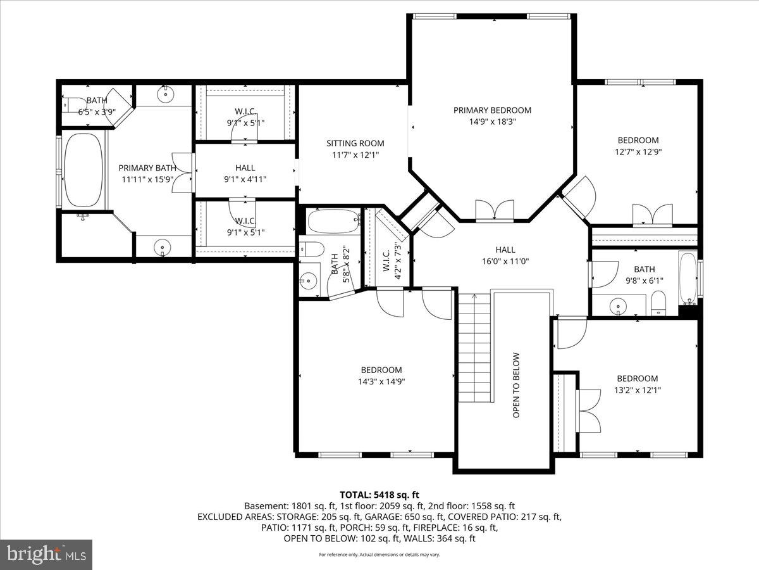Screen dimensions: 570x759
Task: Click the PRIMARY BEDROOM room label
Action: pyautogui.click(x=492, y=110)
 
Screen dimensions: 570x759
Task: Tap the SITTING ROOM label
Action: pyautogui.click(x=355, y=143)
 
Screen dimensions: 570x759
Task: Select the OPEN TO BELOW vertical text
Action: pyautogui.click(x=516, y=385)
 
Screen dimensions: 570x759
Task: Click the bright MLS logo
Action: pyautogui.click(x=46, y=555)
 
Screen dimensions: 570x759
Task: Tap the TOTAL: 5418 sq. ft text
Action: pyautogui.click(x=379, y=495)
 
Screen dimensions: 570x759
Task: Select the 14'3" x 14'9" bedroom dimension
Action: pyautogui.click(x=381, y=381)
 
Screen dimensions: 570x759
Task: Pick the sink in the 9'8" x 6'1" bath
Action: pyautogui.click(x=619, y=307)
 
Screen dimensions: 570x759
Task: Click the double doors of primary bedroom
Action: pyautogui.click(x=495, y=211)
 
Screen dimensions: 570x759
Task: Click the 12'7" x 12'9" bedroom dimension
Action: pyautogui.click(x=638, y=151)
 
